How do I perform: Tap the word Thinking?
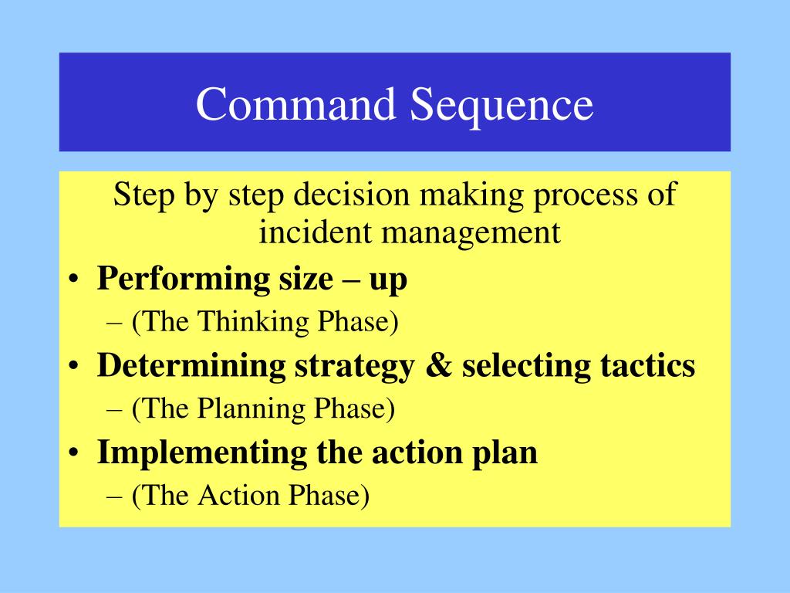(253, 322)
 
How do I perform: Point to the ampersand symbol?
(438, 366)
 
